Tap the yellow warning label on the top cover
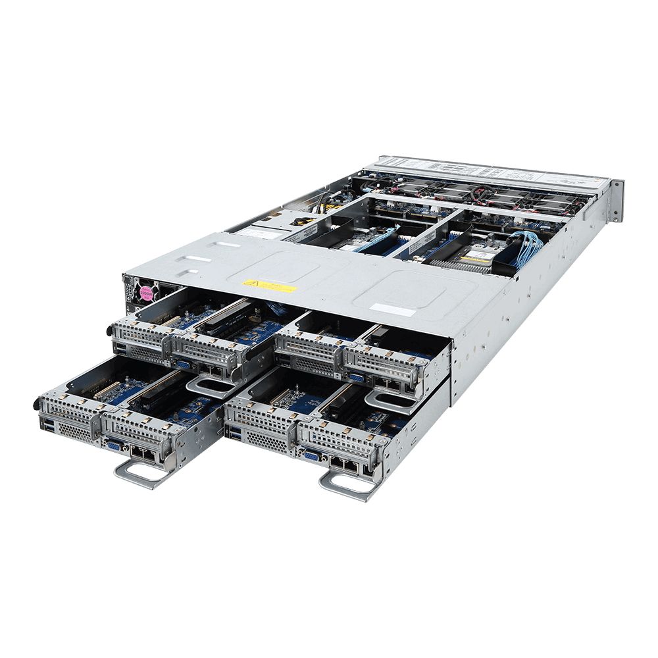point(269,286)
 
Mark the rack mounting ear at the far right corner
point(616,201)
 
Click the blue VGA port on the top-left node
point(184,363)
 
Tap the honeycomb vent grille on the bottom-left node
point(74,432)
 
